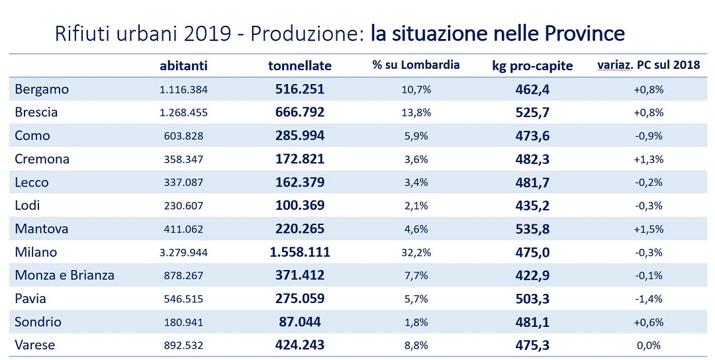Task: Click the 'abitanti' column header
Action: tap(183, 66)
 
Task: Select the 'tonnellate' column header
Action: tap(300, 66)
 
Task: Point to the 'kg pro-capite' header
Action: tap(533, 66)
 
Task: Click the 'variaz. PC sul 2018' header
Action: tap(649, 66)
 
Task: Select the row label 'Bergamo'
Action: tap(42, 89)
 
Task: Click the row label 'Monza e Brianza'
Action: tap(65, 275)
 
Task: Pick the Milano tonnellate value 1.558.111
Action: tap(300, 252)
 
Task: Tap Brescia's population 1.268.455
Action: tap(183, 112)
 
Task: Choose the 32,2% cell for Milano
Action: tap(416, 252)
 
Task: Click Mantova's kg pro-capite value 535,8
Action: tap(533, 229)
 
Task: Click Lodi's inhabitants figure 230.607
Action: tap(183, 206)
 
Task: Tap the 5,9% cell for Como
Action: tap(416, 136)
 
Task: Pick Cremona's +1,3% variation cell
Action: tap(649, 159)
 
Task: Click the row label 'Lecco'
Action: tap(32, 183)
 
